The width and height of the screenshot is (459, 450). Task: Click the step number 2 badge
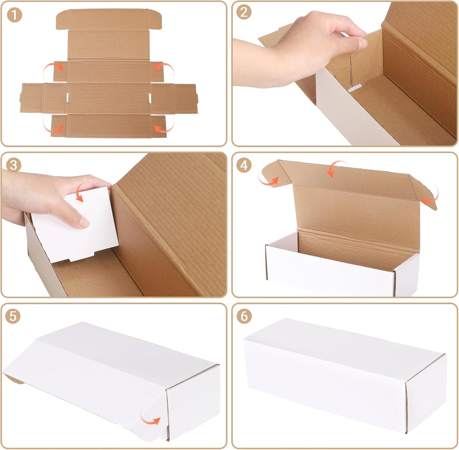click(x=244, y=12)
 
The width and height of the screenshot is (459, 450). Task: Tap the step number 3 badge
click(x=13, y=165)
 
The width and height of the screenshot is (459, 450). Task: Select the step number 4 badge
click(x=244, y=165)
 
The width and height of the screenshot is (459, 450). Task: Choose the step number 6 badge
click(x=244, y=316)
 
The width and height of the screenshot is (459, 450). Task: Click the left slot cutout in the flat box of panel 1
click(x=68, y=98)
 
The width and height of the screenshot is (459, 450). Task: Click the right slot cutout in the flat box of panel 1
click(x=150, y=98)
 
